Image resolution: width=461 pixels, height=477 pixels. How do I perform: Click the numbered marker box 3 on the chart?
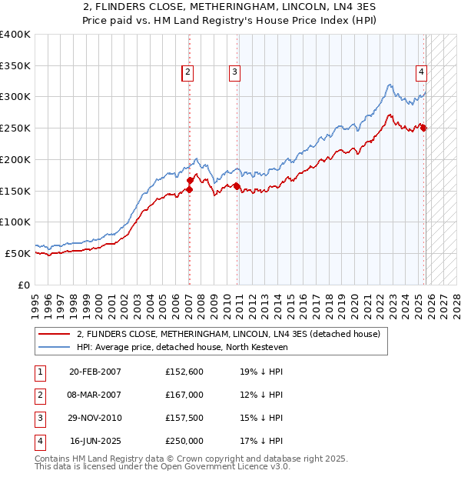click(234, 72)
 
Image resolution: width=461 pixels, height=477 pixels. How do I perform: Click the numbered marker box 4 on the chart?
click(422, 72)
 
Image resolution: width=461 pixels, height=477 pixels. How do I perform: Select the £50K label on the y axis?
click(18, 253)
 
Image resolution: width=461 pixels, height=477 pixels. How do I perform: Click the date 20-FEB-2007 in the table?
click(95, 372)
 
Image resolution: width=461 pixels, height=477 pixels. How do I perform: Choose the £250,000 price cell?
click(184, 441)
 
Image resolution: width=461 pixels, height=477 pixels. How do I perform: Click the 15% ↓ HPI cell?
click(261, 418)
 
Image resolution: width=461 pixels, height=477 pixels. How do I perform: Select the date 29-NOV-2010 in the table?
click(95, 418)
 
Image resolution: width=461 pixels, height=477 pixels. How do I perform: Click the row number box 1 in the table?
click(38, 372)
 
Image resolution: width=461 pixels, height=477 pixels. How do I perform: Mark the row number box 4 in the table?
click(38, 441)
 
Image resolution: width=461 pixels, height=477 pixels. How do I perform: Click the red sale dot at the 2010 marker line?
click(237, 186)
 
